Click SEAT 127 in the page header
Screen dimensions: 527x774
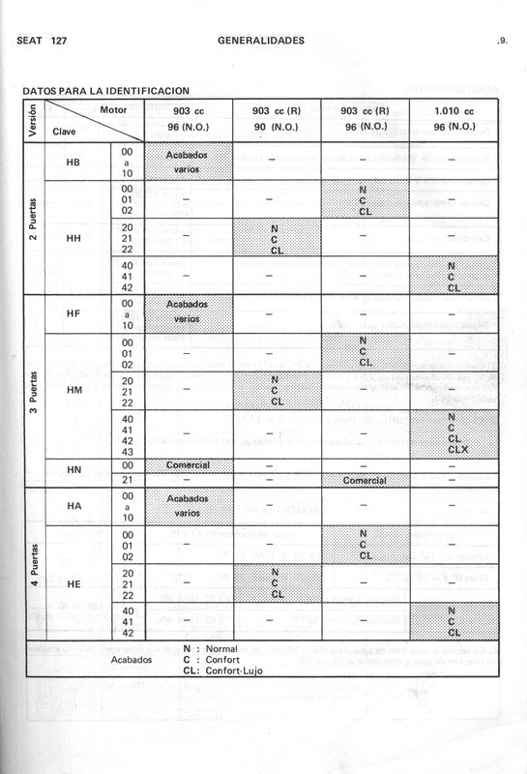(x=42, y=41)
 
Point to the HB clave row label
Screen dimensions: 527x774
(x=73, y=162)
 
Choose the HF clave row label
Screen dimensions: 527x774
(x=73, y=313)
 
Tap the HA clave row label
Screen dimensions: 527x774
(x=73, y=506)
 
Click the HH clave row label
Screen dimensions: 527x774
(x=73, y=237)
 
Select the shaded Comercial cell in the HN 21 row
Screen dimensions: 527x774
(x=366, y=480)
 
